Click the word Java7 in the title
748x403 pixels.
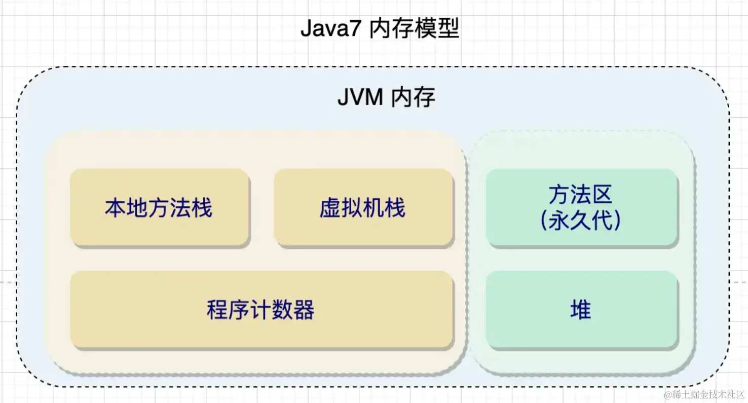330,30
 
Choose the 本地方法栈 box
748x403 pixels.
159,208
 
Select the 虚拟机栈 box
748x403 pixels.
363,208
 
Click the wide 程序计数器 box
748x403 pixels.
260,310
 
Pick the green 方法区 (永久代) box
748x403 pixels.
581,208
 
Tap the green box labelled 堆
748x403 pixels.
581,310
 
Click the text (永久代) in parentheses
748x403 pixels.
581,221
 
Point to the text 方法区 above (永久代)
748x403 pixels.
581,195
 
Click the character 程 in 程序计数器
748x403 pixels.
217,310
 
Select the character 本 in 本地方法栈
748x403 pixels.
116,208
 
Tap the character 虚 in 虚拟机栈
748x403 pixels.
330,208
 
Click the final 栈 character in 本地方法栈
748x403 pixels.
202,208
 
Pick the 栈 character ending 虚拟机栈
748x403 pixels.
395,208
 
